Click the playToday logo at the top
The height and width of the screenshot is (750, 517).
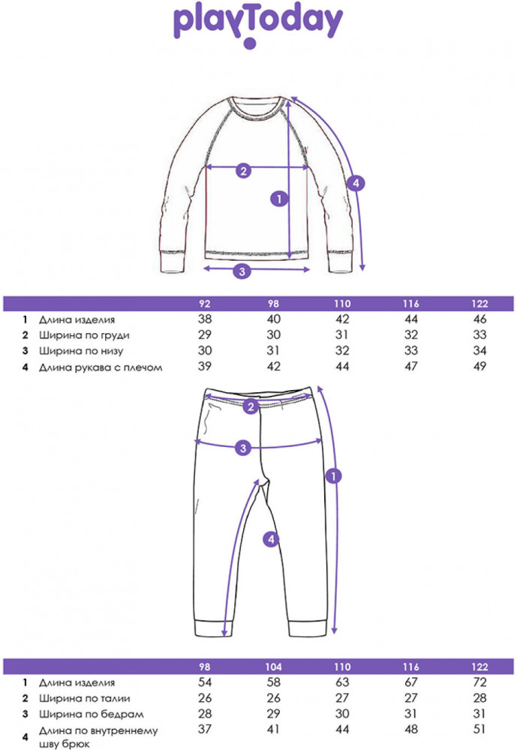(x=258, y=26)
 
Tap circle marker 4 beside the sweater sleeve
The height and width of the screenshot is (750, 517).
(x=356, y=183)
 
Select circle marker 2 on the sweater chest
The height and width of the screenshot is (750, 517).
(x=244, y=170)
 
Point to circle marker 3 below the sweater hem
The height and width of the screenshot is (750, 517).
(x=242, y=271)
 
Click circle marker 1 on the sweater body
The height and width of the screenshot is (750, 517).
(x=279, y=198)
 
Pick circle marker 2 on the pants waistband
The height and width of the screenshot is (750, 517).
(x=251, y=406)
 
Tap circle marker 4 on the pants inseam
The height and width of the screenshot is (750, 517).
(x=271, y=539)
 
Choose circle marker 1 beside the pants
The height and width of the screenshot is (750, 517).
(x=334, y=476)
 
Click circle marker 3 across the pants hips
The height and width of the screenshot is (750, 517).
(x=243, y=448)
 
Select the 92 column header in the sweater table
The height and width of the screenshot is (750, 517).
(x=204, y=304)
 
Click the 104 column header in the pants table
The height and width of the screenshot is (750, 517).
(x=273, y=667)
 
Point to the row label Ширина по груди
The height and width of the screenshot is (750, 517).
(x=84, y=335)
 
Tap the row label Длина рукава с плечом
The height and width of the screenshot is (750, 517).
(x=101, y=367)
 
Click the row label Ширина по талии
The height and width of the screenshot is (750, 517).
(x=84, y=698)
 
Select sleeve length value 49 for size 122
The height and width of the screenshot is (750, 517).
(x=479, y=367)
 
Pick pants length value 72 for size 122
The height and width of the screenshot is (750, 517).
(x=479, y=682)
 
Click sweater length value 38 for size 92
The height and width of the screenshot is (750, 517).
(x=204, y=319)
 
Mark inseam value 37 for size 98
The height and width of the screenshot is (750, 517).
(x=204, y=729)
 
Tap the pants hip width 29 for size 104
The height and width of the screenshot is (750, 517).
(x=273, y=714)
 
